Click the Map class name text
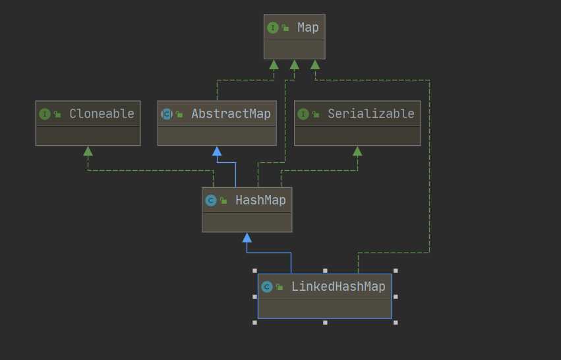coord(308,27)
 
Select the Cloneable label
coord(102,113)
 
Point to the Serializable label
coord(371,113)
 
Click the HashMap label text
coord(260,200)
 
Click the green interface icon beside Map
coord(272,28)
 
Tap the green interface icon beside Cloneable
coord(45,114)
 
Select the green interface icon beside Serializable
coord(303,114)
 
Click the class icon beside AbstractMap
coord(167,114)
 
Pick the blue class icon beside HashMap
coord(211,200)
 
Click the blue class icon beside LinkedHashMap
coord(267,287)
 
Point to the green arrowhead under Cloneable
coord(88,151)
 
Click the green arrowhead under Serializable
coord(357,151)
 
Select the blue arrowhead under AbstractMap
coord(217,151)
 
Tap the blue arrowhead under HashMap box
coord(247,237)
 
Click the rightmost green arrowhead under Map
coord(315,65)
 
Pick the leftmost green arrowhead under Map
coord(274,65)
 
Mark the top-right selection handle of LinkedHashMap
coord(396,270)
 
